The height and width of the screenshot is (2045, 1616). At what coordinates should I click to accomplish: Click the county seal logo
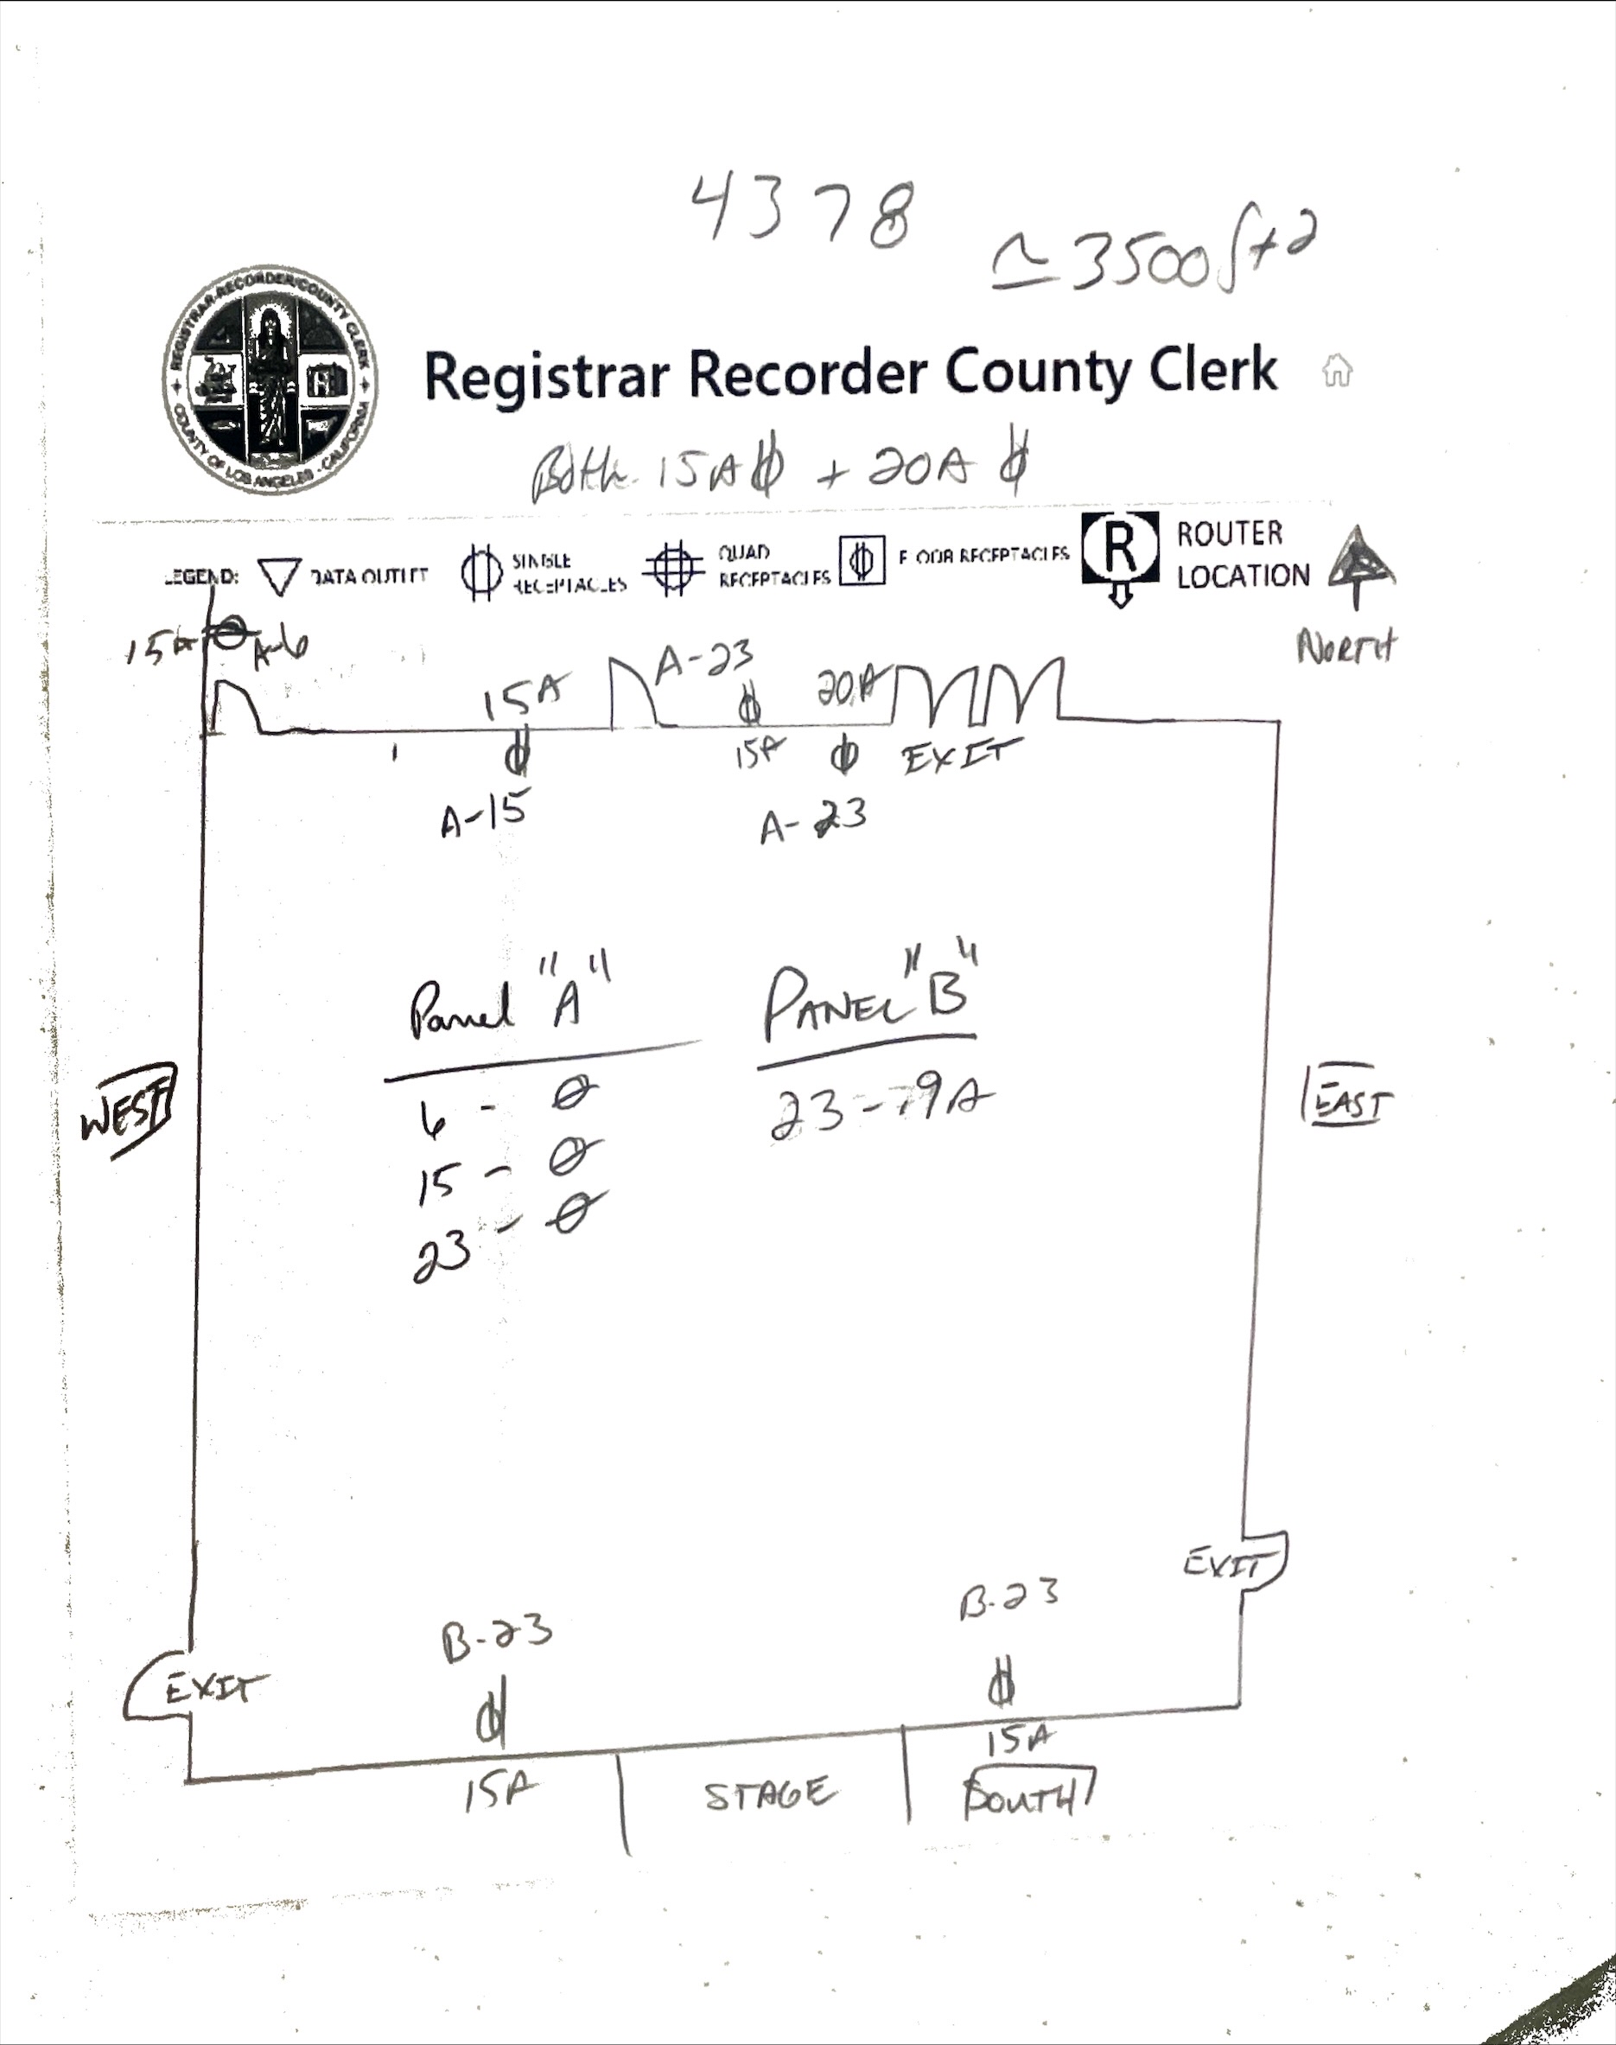pos(270,379)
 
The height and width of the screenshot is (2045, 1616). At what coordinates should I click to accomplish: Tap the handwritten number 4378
pos(804,213)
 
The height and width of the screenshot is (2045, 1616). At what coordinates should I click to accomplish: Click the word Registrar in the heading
pos(547,375)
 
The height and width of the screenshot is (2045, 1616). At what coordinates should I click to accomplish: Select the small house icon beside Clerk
pos(1336,370)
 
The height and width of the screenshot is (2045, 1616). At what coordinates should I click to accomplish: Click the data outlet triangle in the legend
pos(279,576)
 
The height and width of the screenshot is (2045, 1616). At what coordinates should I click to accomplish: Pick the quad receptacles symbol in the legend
pos(674,568)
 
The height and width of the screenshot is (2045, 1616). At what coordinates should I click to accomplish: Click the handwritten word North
pos(1346,649)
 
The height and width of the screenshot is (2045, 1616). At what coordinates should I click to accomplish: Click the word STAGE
pos(769,1794)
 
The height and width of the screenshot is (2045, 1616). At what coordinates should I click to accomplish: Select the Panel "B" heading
pos(868,1001)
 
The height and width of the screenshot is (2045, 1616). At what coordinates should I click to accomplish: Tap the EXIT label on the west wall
pos(215,1687)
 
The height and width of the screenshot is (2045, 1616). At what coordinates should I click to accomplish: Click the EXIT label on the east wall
pos(1224,1564)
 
